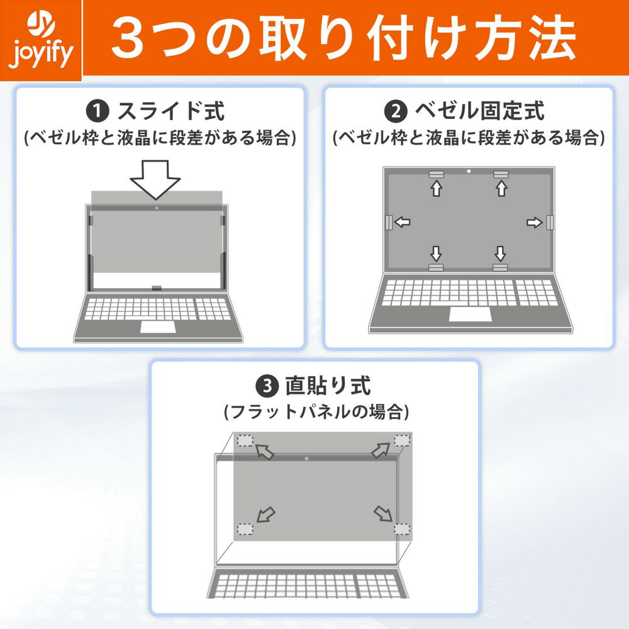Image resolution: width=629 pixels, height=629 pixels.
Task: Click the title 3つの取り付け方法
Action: pos(343,38)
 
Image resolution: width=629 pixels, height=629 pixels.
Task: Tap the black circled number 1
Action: pos(97,111)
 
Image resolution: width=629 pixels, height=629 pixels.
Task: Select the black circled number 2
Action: pos(396,111)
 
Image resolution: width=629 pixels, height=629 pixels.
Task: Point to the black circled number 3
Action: pos(267,386)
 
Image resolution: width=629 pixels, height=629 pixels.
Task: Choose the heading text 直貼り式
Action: pos(328,386)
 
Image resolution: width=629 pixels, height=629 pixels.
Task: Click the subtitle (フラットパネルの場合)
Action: pos(316,412)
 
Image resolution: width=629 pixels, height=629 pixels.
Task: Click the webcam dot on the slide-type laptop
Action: pos(157,208)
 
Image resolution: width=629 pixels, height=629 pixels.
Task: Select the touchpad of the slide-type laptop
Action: pos(158,327)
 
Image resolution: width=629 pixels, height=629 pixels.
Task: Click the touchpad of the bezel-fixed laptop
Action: pos(470,314)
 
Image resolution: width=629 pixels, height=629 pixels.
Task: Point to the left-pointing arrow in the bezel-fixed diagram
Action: pos(403,222)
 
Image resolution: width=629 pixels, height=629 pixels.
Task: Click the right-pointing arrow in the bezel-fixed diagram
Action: pos(534,222)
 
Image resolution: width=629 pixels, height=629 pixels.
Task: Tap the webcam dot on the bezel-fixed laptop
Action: pos(469,171)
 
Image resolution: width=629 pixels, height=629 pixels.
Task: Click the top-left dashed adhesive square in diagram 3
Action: pos(245,440)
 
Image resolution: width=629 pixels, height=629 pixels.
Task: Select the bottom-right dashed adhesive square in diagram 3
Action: pos(402,529)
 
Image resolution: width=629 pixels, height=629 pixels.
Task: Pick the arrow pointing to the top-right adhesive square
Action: pos(381,450)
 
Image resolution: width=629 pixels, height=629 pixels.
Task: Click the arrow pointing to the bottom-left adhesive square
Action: pos(266,515)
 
